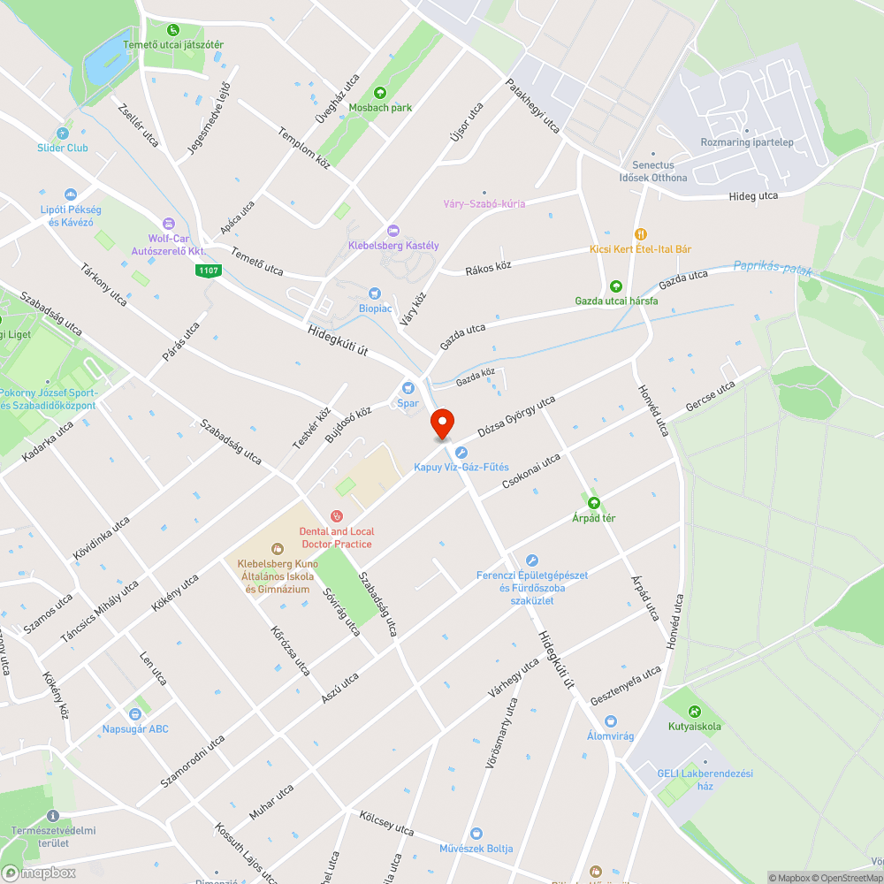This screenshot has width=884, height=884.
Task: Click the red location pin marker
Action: click(441, 424)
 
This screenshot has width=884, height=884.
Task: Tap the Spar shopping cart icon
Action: click(408, 387)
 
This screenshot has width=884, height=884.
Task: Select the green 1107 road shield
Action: click(208, 271)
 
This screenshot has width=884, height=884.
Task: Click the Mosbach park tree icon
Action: click(380, 92)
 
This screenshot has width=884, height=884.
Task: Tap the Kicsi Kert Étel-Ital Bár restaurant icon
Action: click(641, 234)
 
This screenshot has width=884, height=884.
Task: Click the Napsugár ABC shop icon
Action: click(135, 713)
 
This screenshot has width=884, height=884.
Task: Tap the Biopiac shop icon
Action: click(374, 293)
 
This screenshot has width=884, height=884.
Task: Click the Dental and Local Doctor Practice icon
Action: click(336, 516)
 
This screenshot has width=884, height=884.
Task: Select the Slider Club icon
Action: click(62, 133)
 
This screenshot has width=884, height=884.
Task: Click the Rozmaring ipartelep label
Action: click(747, 142)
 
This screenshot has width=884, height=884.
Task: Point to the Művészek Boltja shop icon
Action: click(476, 833)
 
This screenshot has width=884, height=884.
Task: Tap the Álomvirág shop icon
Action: click(611, 721)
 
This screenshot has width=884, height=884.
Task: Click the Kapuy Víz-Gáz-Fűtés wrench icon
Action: click(461, 452)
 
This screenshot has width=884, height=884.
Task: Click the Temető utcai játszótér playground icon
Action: click(172, 30)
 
